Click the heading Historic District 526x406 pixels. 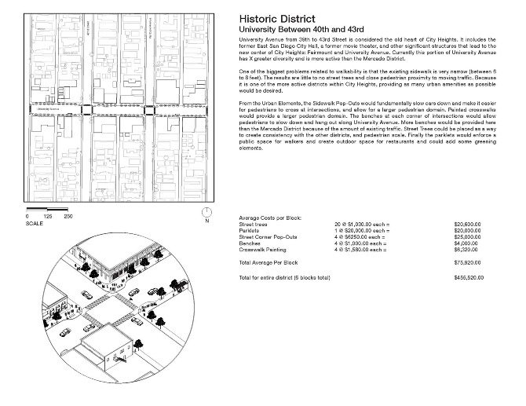(277, 19)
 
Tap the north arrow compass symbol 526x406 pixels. (206, 212)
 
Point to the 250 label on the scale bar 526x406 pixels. (68, 216)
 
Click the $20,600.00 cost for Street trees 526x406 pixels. (468, 225)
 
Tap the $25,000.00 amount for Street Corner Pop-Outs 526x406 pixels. (468, 237)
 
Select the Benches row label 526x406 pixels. (250, 243)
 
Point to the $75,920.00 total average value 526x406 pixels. (468, 262)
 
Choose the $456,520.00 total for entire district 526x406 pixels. (467, 278)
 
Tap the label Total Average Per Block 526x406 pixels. (268, 262)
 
